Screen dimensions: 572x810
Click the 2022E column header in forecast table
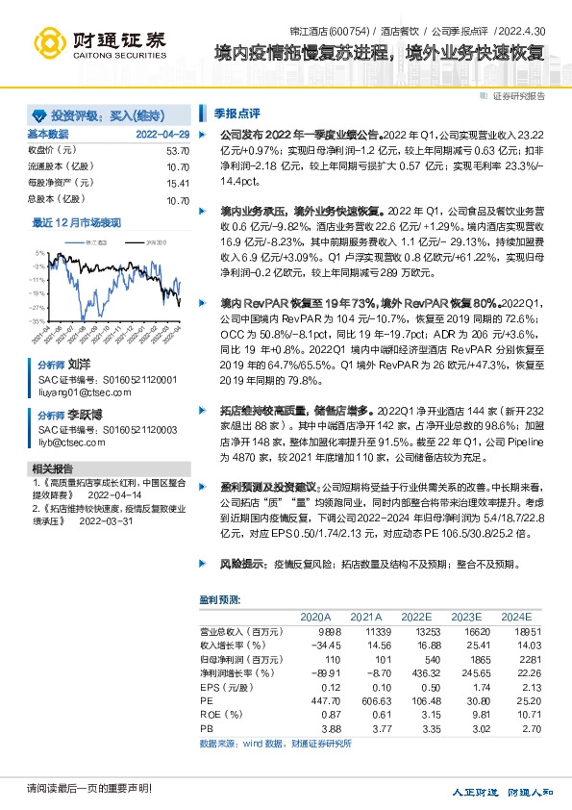(415, 616)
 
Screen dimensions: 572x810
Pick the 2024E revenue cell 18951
(515, 630)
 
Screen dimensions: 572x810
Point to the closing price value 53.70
(178, 150)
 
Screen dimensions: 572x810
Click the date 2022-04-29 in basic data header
(162, 134)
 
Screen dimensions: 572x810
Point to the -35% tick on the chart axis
(38, 320)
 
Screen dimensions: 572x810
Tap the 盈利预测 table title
(220, 598)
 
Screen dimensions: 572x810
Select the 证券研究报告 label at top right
(518, 95)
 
